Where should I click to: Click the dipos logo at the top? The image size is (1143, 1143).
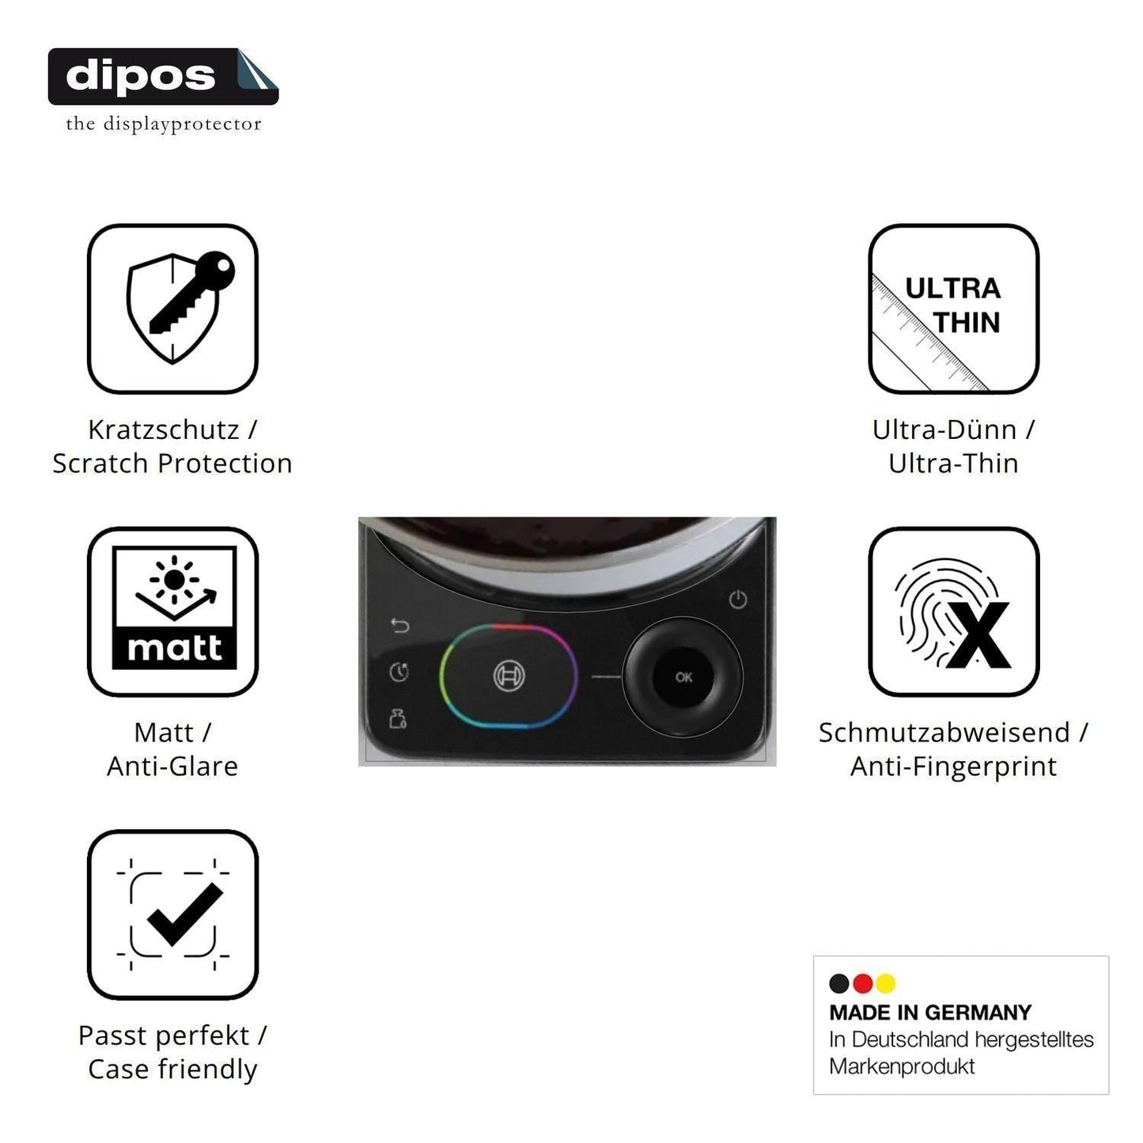pos(163,77)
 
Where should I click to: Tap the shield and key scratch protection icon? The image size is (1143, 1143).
pos(172,308)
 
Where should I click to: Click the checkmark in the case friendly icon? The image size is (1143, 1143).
pos(185,914)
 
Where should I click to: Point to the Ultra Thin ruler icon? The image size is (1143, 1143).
pos(953,308)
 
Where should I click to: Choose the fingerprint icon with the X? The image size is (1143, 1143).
pos(953,611)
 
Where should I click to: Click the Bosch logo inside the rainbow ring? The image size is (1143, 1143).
pos(509,676)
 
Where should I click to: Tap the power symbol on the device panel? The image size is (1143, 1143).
pos(738,599)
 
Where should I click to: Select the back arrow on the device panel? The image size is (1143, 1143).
pos(400,625)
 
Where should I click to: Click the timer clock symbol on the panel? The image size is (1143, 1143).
pos(399,672)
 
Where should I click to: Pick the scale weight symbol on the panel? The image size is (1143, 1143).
pos(397,718)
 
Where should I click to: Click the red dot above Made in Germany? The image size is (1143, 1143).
pos(862,983)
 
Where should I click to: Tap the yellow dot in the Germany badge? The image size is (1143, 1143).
pos(886,983)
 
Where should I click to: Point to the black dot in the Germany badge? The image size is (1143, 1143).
pos(838,983)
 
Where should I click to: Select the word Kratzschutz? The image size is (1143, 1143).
pos(164,430)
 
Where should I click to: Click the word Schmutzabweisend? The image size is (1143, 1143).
pos(944,732)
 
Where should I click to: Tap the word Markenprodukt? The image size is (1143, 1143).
pos(902,1066)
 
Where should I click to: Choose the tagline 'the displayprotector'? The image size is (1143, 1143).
pos(164,124)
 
